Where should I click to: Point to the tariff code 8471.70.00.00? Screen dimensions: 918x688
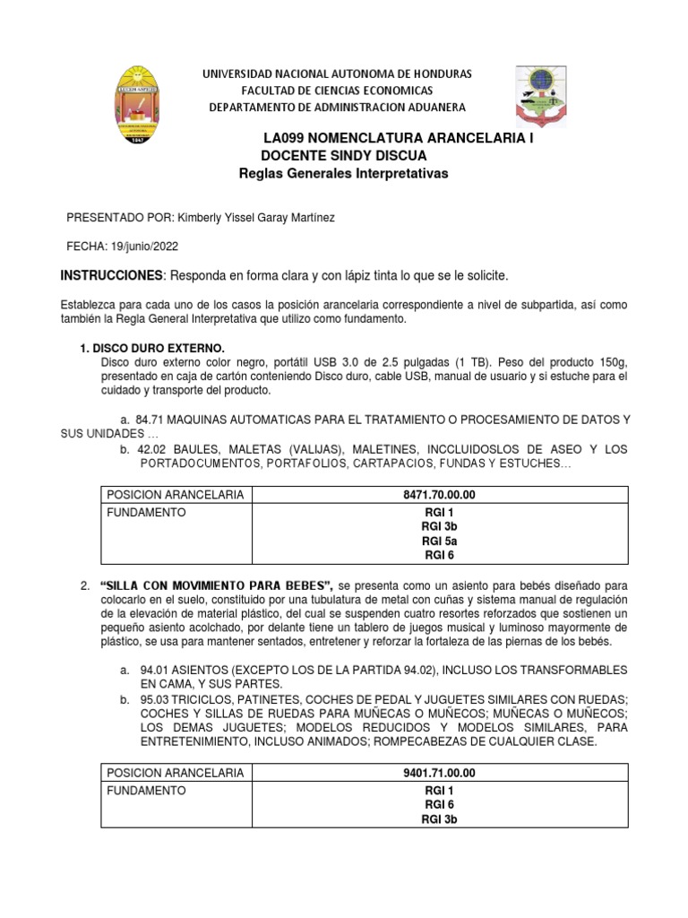[x=438, y=495]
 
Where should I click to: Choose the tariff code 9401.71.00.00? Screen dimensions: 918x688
[x=438, y=773]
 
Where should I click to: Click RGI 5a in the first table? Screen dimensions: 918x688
[x=438, y=541]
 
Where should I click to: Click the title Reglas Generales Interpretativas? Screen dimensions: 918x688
[x=343, y=172]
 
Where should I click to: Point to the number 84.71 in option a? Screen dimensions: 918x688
[x=150, y=420]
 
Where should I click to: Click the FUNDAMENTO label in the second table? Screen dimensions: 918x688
[x=146, y=791]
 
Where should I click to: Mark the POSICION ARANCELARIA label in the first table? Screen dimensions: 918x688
[x=174, y=495]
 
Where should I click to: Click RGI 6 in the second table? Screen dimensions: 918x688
[x=438, y=805]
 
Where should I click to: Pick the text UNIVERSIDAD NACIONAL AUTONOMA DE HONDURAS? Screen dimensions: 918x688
[x=340, y=74]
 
